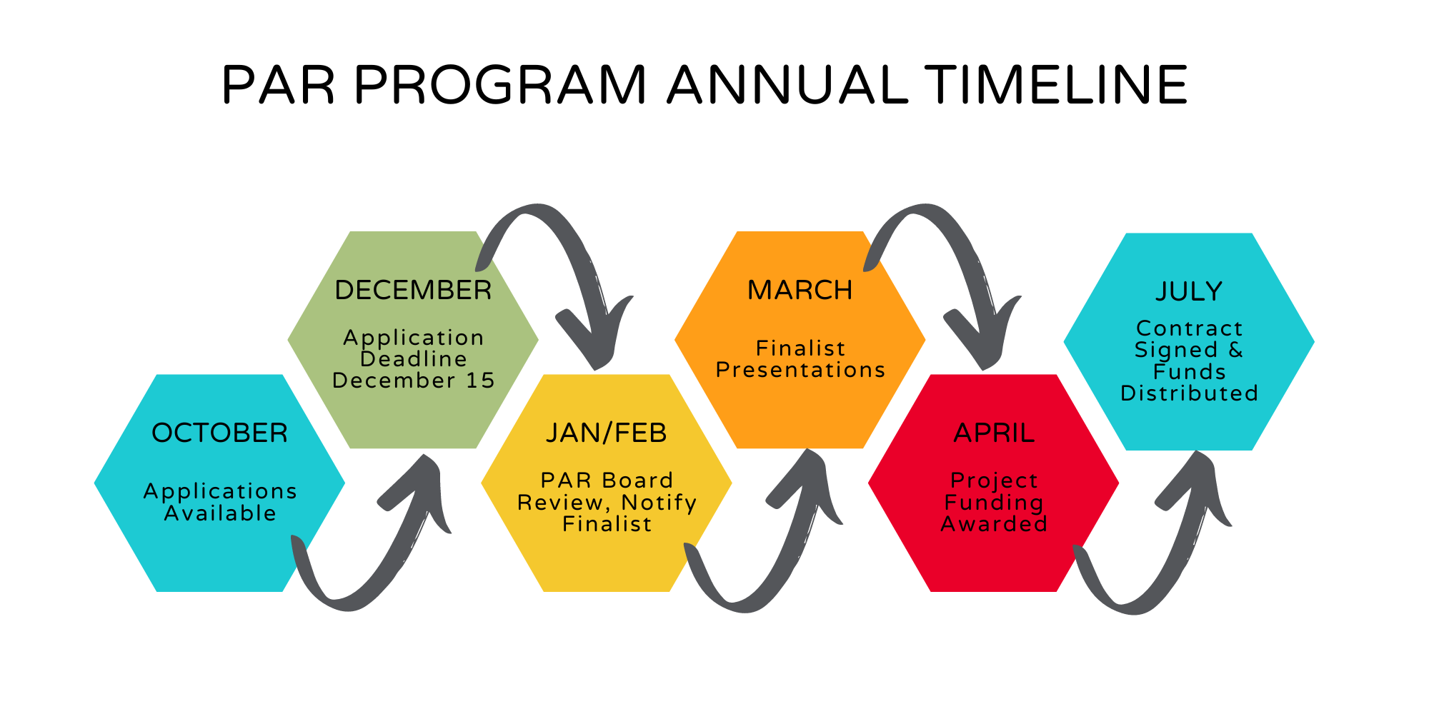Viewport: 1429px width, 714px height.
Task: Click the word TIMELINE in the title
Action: [x=1056, y=85]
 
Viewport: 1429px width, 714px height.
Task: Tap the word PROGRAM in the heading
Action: [x=499, y=85]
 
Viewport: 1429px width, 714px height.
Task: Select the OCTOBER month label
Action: [x=219, y=433]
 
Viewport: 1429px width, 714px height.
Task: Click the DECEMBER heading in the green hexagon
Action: [x=413, y=291]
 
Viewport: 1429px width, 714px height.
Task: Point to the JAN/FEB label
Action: [x=606, y=433]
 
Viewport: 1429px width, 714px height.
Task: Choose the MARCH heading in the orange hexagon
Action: [x=800, y=291]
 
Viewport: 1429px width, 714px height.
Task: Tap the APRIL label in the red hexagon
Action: [x=994, y=433]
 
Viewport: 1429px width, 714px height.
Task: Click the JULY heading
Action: [x=1189, y=291]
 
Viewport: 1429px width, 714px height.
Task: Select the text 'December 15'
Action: [x=414, y=381]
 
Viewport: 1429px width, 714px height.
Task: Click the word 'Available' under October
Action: [x=220, y=513]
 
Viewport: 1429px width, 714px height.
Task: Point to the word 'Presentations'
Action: [x=800, y=370]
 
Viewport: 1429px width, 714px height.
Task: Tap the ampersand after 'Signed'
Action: [x=1236, y=350]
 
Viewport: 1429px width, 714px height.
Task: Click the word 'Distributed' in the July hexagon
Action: [x=1189, y=393]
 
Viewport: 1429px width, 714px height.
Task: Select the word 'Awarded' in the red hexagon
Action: [x=994, y=524]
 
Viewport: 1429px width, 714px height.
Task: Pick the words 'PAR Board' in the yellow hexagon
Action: [x=607, y=481]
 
